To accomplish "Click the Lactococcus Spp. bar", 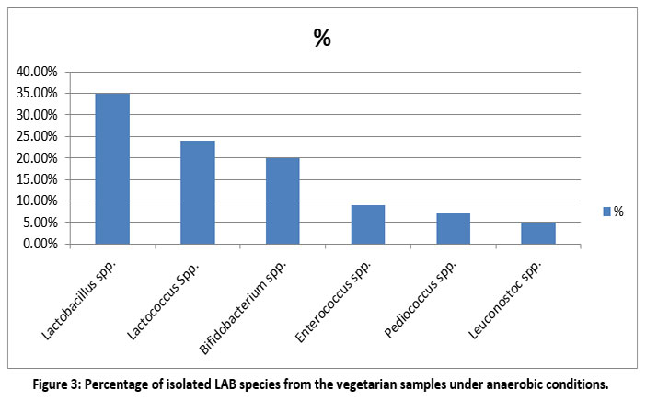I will point(197,192).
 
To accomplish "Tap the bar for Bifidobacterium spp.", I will point(283,200).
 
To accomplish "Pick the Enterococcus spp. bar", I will point(368,224).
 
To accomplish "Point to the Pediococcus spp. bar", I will point(453,229).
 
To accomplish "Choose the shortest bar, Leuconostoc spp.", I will point(538,233).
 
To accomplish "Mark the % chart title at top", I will point(322,39).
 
